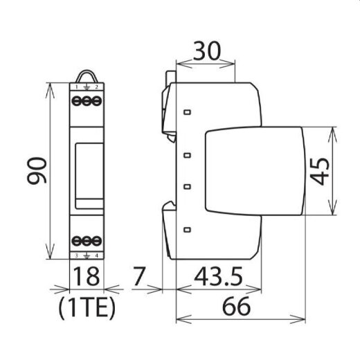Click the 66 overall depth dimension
(240, 305)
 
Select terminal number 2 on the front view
(96, 87)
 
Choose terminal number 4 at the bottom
(96, 255)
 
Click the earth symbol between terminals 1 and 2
(86, 87)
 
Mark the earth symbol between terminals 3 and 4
(86, 255)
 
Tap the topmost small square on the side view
(188, 111)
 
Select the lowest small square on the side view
(188, 229)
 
